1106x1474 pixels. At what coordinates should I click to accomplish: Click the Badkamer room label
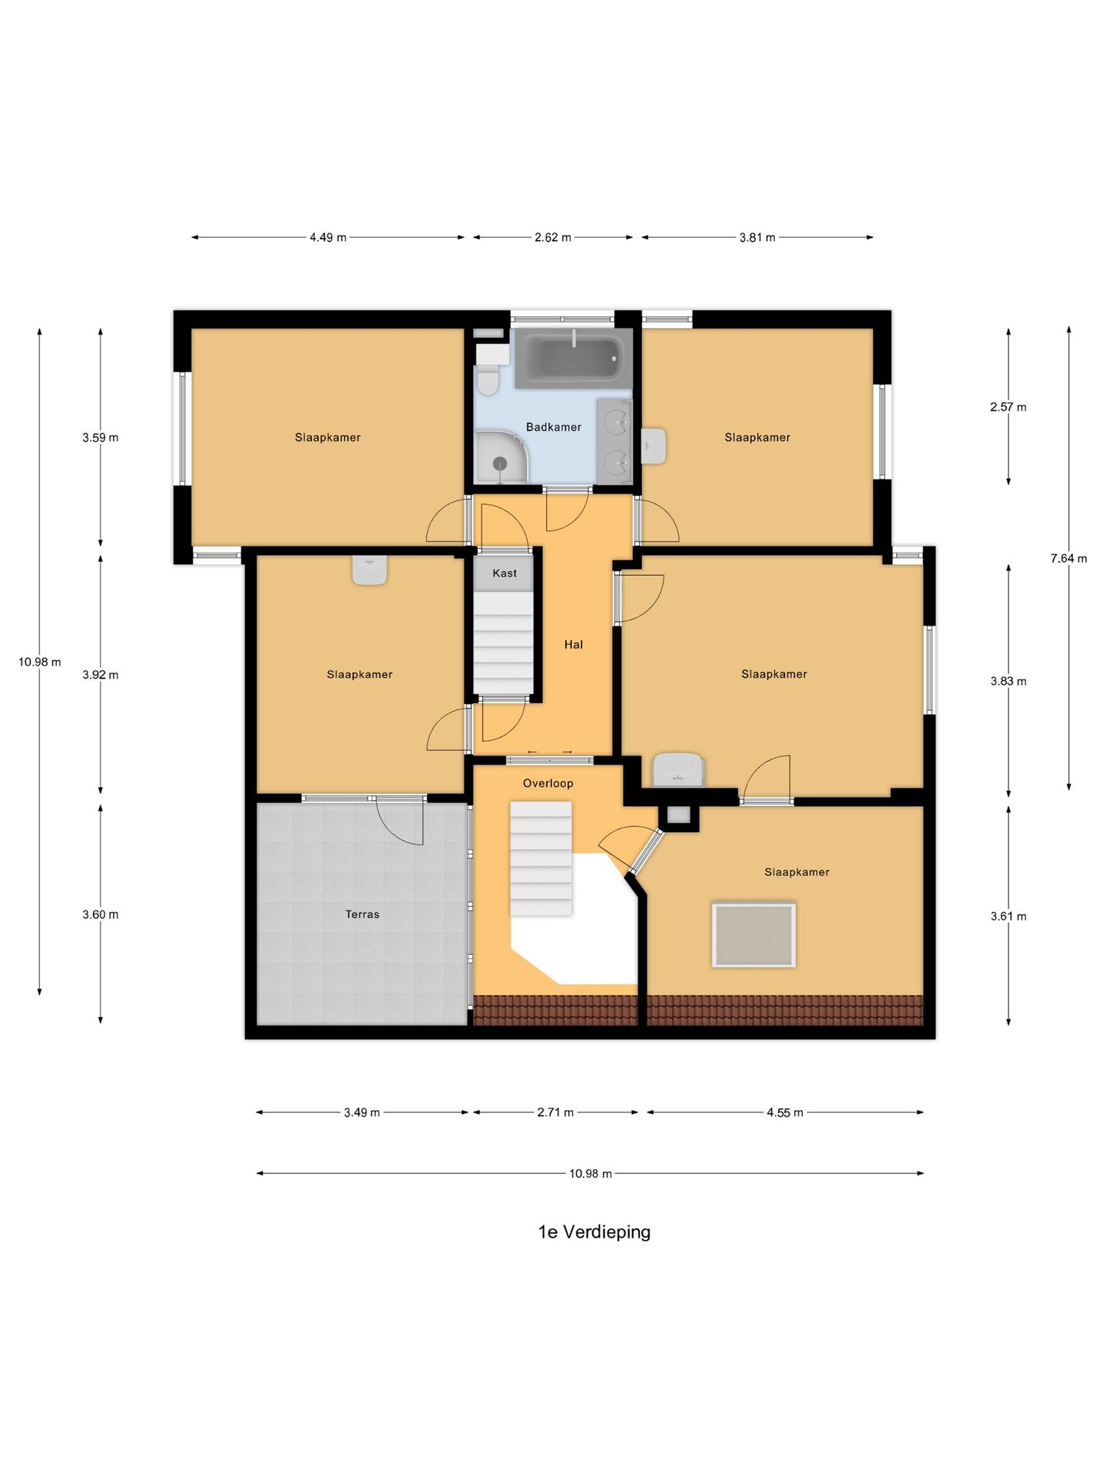pyautogui.click(x=553, y=427)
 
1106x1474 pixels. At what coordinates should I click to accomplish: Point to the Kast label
pyautogui.click(x=505, y=573)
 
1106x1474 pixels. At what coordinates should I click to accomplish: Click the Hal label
pyautogui.click(x=574, y=645)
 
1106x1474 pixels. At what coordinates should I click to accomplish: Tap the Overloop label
pyautogui.click(x=548, y=783)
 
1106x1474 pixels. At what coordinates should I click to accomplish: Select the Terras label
pyautogui.click(x=363, y=914)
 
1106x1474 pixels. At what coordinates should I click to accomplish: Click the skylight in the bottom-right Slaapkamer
pyautogui.click(x=754, y=935)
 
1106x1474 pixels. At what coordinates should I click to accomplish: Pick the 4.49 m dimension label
pyautogui.click(x=328, y=237)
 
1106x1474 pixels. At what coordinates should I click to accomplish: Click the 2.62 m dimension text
pyautogui.click(x=553, y=237)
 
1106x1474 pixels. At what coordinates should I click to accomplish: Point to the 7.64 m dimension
pyautogui.click(x=1068, y=558)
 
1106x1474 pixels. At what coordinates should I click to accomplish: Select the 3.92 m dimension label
pyautogui.click(x=101, y=675)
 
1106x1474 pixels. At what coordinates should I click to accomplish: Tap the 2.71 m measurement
pyautogui.click(x=555, y=1112)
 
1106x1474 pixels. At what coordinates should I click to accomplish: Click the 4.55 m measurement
pyautogui.click(x=785, y=1112)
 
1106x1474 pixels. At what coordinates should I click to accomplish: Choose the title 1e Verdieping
pyautogui.click(x=594, y=1232)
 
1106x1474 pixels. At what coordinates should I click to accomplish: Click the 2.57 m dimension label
pyautogui.click(x=1008, y=407)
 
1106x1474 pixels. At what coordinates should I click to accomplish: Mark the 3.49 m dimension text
pyautogui.click(x=362, y=1112)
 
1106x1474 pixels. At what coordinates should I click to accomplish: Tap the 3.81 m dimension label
pyautogui.click(x=757, y=237)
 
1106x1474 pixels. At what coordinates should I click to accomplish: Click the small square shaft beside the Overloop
pyautogui.click(x=679, y=816)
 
